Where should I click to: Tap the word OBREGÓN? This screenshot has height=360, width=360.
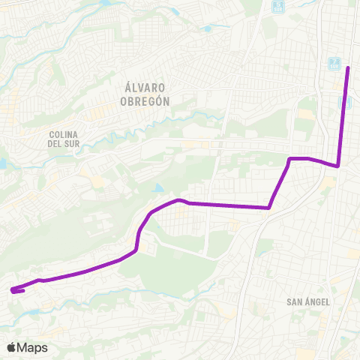coord(145,100)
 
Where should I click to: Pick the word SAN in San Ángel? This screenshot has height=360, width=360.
coord(295,301)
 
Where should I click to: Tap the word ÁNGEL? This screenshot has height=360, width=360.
coord(318,301)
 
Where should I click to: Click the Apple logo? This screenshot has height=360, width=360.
coord(10,347)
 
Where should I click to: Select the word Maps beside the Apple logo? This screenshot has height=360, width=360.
coord(32,348)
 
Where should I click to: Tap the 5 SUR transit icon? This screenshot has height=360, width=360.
coord(277,6)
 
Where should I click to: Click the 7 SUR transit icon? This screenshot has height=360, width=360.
coord(334,63)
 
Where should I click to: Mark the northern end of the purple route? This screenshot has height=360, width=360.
coord(348,68)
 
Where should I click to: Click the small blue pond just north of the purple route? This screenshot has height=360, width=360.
coord(157,188)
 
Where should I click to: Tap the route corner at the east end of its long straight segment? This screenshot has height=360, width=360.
coord(269,208)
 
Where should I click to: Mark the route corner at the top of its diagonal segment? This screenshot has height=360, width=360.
coord(291,159)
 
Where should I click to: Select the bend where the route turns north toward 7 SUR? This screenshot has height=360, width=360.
coord(338,166)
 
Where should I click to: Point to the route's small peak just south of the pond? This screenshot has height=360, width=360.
coord(178,200)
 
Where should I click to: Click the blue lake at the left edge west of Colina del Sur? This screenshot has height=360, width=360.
coord(2,163)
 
